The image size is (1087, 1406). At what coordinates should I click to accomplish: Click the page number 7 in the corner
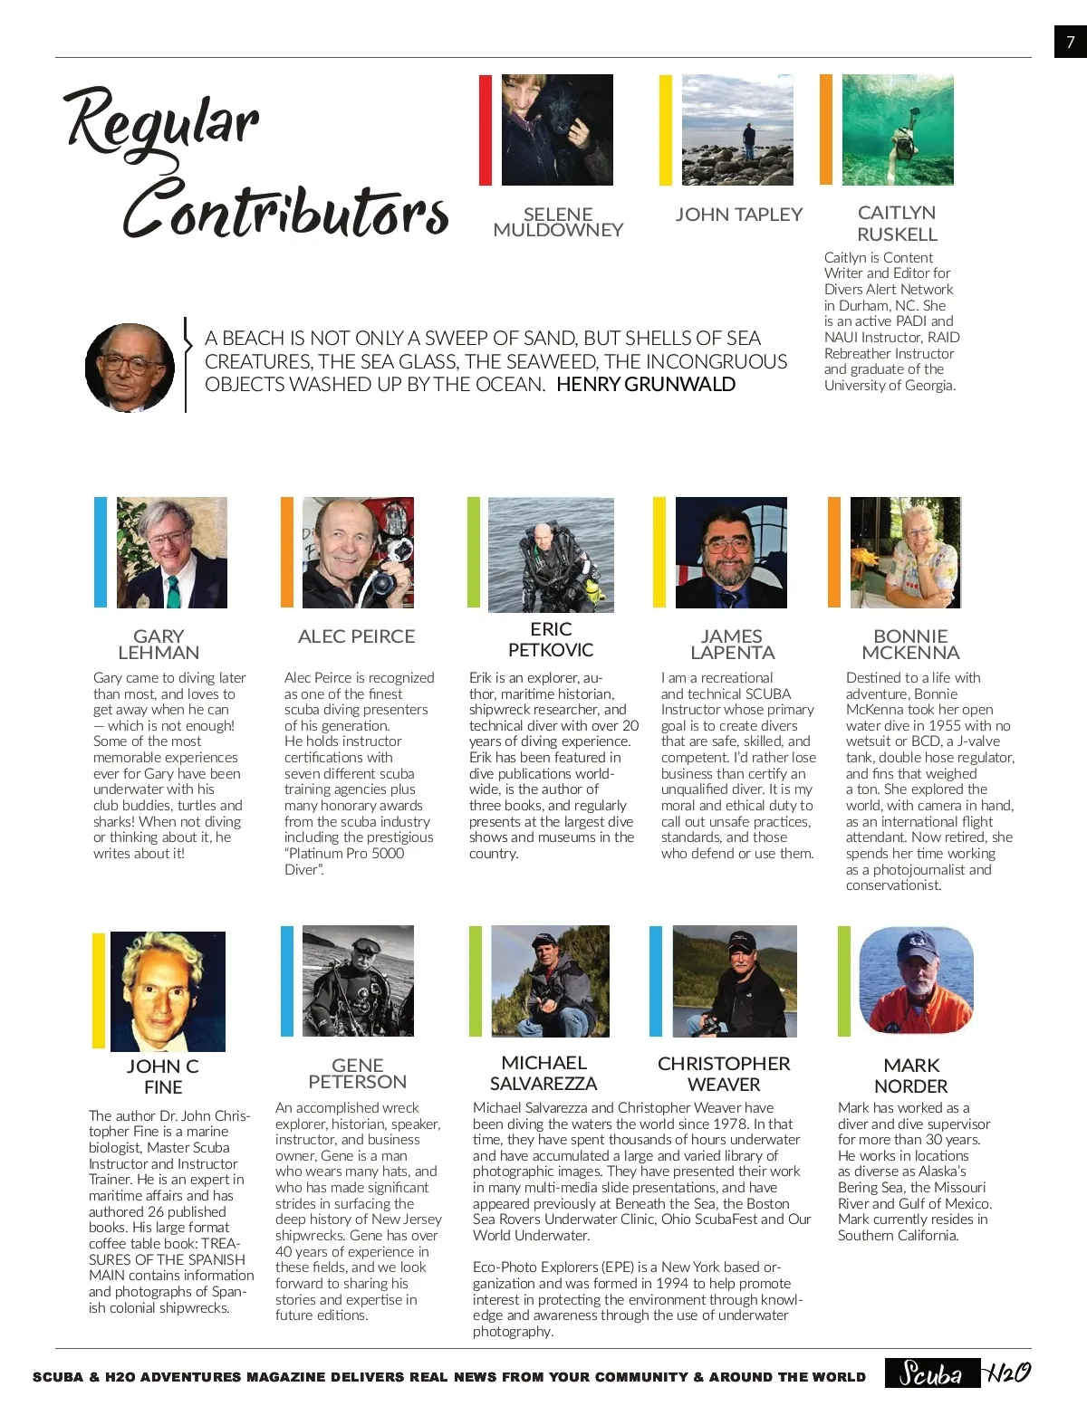pyautogui.click(x=1070, y=42)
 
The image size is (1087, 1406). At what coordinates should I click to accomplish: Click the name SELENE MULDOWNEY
pyautogui.click(x=558, y=222)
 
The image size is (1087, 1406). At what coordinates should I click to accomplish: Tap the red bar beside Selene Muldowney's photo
pyautogui.click(x=486, y=130)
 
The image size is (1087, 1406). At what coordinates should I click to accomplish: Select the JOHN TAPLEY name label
pyautogui.click(x=739, y=215)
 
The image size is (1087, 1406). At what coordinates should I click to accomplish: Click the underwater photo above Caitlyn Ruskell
pyautogui.click(x=898, y=129)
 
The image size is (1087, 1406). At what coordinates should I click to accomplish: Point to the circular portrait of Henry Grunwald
pyautogui.click(x=130, y=368)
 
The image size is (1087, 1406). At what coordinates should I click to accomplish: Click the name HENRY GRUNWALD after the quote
pyautogui.click(x=646, y=385)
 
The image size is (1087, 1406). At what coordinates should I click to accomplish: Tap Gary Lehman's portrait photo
pyautogui.click(x=172, y=552)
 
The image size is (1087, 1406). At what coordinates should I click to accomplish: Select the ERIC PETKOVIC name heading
pyautogui.click(x=551, y=639)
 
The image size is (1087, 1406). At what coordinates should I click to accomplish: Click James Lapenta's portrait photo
pyautogui.click(x=731, y=552)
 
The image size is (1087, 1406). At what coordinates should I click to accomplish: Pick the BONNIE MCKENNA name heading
pyautogui.click(x=910, y=644)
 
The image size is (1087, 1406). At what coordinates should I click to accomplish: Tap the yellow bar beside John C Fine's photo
pyautogui.click(x=99, y=990)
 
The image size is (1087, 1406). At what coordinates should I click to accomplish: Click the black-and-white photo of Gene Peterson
pyautogui.click(x=358, y=980)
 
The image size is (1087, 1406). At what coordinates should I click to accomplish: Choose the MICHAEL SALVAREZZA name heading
pyautogui.click(x=543, y=1073)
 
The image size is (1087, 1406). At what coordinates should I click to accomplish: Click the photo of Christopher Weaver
pyautogui.click(x=735, y=980)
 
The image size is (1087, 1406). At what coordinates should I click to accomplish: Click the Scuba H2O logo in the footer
pyautogui.click(x=957, y=1373)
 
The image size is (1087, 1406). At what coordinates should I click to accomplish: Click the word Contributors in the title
pyautogui.click(x=286, y=211)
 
